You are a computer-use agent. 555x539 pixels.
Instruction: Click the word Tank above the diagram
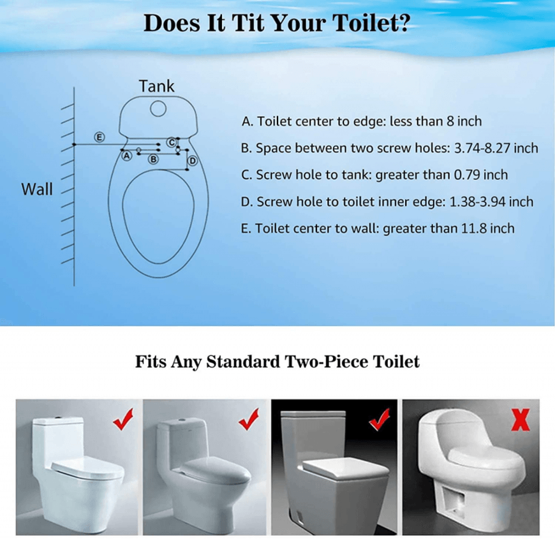(x=156, y=86)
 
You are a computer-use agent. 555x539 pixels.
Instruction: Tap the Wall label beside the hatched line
(x=37, y=189)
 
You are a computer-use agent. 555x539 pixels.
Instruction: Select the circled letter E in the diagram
(x=99, y=137)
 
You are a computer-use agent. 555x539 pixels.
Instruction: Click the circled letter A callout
(x=127, y=156)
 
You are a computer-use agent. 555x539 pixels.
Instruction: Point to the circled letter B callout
(x=153, y=159)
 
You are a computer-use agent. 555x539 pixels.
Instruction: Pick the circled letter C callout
(x=172, y=142)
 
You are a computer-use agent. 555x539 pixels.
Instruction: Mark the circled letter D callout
(x=192, y=161)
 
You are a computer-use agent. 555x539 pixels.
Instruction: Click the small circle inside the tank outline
(x=158, y=108)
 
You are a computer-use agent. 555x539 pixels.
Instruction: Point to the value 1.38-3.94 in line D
(x=477, y=202)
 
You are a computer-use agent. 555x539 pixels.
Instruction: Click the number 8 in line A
(x=450, y=121)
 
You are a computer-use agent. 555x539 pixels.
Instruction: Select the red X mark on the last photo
(x=521, y=420)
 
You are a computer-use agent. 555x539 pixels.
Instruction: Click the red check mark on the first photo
(x=123, y=419)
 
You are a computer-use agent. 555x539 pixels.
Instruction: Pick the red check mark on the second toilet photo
(x=249, y=419)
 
